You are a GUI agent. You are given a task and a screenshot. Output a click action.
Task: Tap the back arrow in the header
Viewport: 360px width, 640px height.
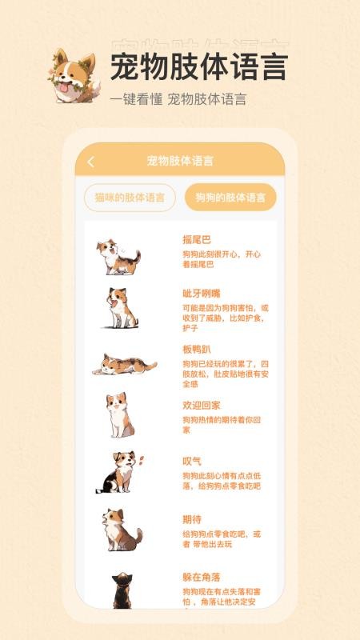tap(90, 162)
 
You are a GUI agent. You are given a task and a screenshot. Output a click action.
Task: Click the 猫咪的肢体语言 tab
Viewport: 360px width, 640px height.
tap(130, 198)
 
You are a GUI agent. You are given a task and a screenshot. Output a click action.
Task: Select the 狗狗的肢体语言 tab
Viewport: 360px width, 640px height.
tap(230, 198)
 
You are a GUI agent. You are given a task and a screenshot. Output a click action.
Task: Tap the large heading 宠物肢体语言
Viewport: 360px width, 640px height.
tap(198, 66)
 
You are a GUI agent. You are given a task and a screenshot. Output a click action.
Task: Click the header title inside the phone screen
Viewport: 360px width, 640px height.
tap(180, 161)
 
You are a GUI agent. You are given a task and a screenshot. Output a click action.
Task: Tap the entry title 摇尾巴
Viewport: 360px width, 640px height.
tap(197, 239)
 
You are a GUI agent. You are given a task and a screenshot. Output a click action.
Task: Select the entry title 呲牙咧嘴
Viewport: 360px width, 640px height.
tap(202, 293)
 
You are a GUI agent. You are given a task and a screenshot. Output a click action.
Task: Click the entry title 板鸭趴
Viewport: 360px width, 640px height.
tap(197, 350)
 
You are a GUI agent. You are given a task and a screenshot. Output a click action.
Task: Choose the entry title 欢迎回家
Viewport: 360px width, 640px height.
tap(202, 405)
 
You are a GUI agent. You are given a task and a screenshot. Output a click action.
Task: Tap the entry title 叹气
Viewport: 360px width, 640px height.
tap(192, 461)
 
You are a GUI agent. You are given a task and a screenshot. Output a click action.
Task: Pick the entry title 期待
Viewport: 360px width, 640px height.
tap(192, 519)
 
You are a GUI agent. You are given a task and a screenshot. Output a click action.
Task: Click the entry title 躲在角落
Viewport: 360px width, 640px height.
tap(202, 577)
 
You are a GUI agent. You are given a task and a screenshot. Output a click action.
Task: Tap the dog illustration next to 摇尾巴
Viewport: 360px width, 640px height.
tap(118, 256)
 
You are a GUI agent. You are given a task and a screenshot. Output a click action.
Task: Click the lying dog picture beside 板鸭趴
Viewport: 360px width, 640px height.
tap(124, 365)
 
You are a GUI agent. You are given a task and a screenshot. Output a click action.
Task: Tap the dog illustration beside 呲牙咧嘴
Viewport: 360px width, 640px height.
tap(121, 309)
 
